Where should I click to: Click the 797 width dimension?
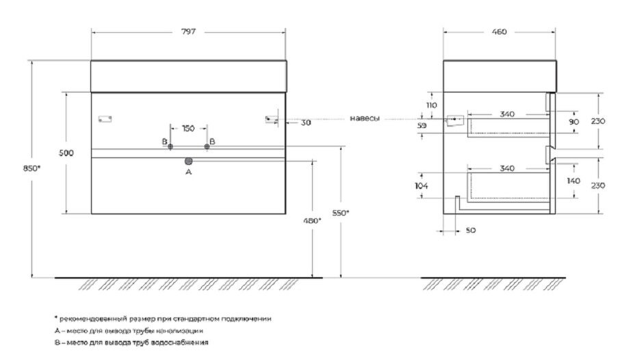tap(188, 32)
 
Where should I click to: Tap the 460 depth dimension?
tap(499, 32)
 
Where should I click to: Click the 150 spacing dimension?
tap(189, 128)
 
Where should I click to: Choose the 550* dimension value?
tap(341, 213)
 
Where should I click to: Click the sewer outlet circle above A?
tap(189, 162)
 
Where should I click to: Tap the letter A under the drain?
tap(189, 173)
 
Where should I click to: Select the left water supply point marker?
tap(171, 146)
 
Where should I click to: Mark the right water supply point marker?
tap(207, 146)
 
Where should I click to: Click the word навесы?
tap(364, 118)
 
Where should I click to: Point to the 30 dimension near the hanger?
tap(306, 123)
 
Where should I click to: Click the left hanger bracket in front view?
tap(105, 118)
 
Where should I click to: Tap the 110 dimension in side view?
tap(431, 105)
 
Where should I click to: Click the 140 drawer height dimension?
tap(573, 181)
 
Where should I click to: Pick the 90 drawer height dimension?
tap(573, 121)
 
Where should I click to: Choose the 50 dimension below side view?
tap(470, 231)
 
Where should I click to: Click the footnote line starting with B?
tap(131, 342)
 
